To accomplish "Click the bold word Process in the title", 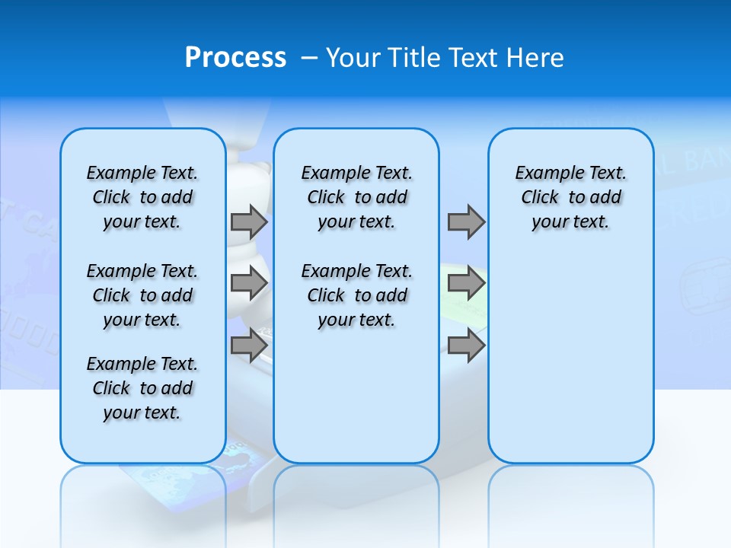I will tap(235, 58).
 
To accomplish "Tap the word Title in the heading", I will tap(416, 58).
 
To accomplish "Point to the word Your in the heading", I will tap(354, 58).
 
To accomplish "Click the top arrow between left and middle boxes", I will tap(249, 221).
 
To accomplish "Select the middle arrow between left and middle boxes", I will tap(249, 283).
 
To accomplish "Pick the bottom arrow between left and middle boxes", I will tap(249, 345).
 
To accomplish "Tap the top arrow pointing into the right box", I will tap(466, 221).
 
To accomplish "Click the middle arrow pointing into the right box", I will tap(466, 283).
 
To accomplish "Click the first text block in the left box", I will tap(142, 197).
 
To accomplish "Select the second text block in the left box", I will tap(142, 295).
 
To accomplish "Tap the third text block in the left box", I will tap(142, 388).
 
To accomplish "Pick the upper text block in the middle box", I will tap(356, 197).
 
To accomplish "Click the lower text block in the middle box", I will tap(356, 295).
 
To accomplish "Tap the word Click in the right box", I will tap(540, 198).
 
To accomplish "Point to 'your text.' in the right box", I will tap(570, 222).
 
